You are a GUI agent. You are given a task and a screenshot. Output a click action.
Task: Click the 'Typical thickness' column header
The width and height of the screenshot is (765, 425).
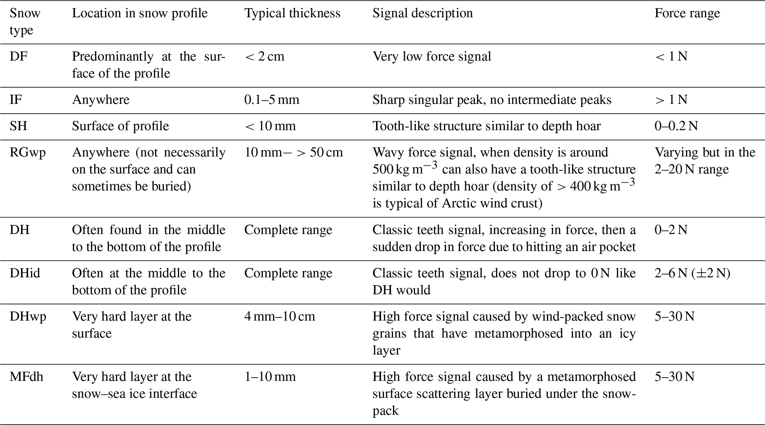(x=292, y=13)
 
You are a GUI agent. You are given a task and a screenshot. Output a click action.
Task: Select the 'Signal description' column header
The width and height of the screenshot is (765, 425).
(x=422, y=13)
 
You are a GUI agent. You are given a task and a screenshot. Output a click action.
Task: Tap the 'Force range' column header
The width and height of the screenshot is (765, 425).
(x=687, y=13)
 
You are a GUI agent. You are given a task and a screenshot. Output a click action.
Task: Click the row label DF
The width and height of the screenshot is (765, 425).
(x=19, y=57)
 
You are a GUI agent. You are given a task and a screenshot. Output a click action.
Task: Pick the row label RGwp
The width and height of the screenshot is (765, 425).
(x=28, y=153)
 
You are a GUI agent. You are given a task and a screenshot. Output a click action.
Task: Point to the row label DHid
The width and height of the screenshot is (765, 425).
(x=25, y=273)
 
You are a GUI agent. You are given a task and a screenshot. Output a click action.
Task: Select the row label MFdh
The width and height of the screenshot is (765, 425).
(x=26, y=377)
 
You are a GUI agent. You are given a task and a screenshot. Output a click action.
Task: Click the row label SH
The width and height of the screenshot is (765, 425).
(x=18, y=127)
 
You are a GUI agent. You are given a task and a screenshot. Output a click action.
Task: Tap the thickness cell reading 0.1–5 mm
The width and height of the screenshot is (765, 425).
(x=272, y=100)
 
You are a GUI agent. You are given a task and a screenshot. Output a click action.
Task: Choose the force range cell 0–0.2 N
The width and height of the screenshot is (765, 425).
(x=676, y=127)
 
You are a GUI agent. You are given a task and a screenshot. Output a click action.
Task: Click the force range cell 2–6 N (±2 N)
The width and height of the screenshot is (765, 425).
(x=692, y=273)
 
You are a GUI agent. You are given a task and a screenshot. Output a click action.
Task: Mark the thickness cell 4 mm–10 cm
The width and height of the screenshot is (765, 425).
(x=279, y=317)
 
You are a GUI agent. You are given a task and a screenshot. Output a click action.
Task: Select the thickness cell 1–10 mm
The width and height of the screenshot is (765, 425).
(x=270, y=377)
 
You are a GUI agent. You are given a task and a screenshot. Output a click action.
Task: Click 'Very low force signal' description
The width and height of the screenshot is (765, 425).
(x=432, y=57)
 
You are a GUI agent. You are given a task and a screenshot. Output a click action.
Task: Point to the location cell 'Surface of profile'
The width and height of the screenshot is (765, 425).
(x=120, y=127)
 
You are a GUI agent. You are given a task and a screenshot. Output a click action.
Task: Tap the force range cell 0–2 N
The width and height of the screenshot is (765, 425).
(x=671, y=230)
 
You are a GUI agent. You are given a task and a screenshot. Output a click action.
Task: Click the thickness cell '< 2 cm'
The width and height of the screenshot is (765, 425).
(x=264, y=57)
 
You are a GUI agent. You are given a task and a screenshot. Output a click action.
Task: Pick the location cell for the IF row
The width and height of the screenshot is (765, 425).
(x=101, y=100)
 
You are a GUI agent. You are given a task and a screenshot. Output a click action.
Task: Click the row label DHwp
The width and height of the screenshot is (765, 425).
(x=28, y=317)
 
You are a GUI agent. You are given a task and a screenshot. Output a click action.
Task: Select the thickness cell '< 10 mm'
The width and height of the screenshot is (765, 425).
(x=270, y=127)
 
